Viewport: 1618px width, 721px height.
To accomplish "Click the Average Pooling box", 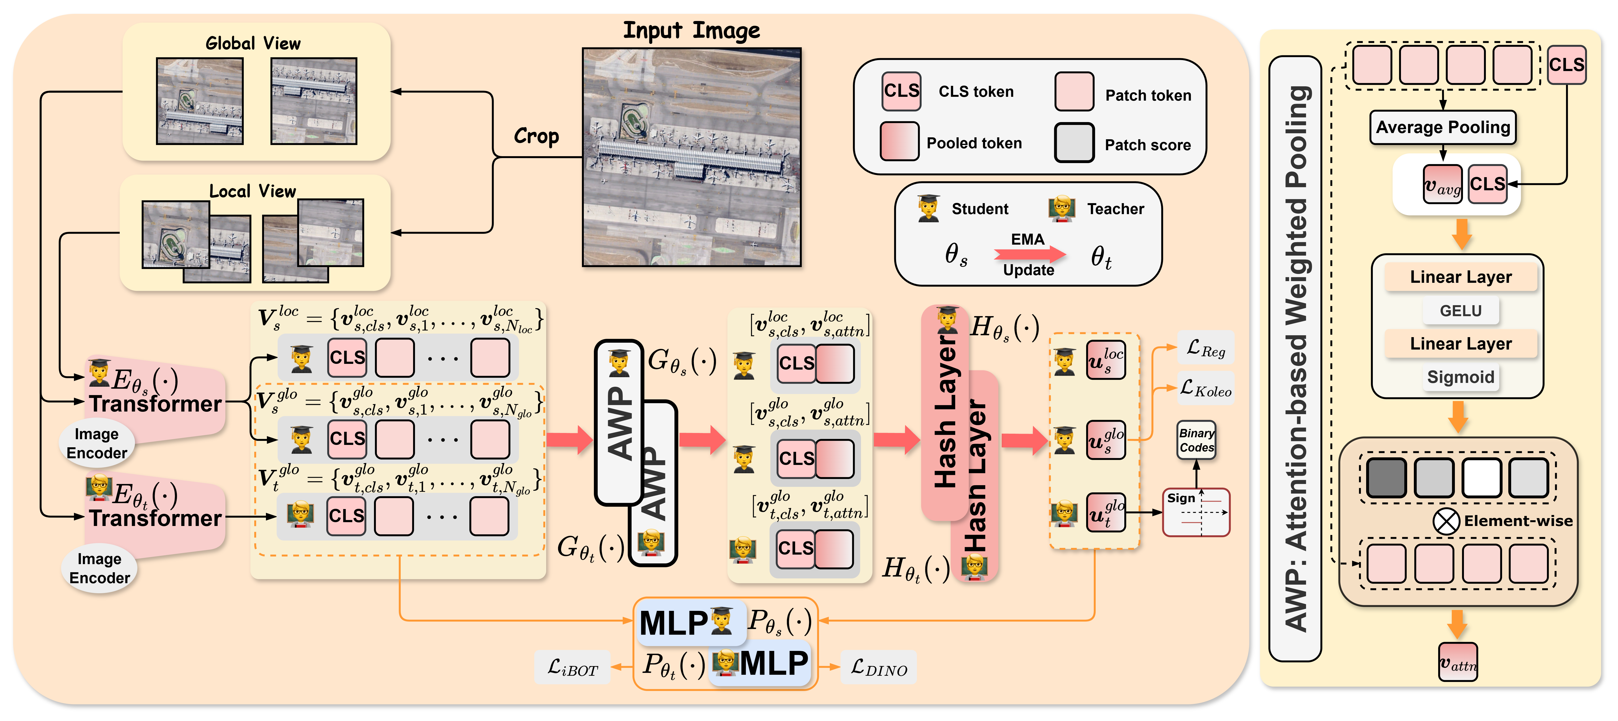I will [1443, 128].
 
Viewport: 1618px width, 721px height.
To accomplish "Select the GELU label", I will [1460, 311].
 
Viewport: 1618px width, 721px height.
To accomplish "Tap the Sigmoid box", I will [1460, 377].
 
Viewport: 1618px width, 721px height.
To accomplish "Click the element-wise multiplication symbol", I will [1446, 521].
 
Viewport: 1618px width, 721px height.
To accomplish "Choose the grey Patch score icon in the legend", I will [1074, 143].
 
